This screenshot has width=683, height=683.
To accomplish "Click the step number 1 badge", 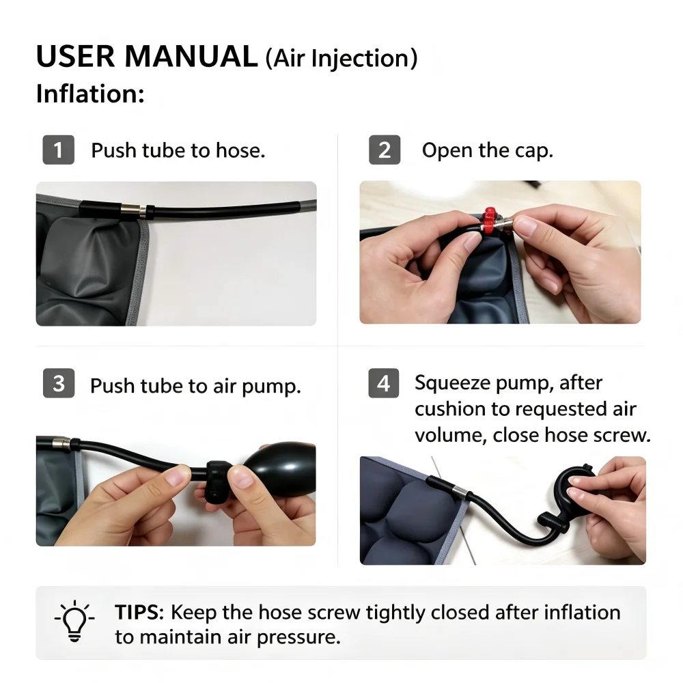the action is [58, 150].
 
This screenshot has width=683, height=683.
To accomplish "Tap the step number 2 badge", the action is [384, 150].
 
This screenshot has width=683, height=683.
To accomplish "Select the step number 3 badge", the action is [59, 383].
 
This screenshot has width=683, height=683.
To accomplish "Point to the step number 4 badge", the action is [384, 383].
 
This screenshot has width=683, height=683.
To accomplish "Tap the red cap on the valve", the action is [490, 221].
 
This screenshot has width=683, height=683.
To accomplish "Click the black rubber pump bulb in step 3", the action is [281, 468].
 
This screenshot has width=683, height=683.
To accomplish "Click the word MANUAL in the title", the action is [191, 57].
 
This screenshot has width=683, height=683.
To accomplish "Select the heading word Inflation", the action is [90, 94].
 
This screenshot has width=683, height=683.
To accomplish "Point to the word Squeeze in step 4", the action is [452, 384].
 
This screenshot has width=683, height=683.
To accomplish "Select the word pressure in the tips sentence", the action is [298, 638].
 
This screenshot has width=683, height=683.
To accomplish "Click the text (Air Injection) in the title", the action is [341, 58].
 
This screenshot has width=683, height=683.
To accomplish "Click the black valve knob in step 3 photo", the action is [219, 481].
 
